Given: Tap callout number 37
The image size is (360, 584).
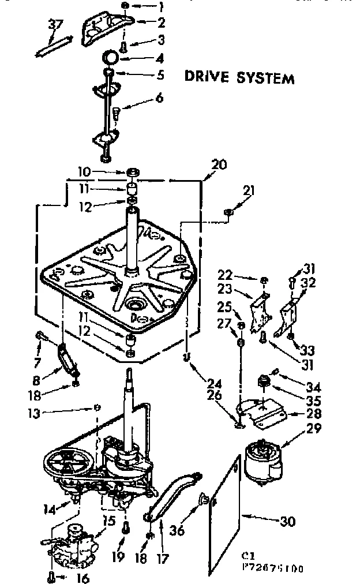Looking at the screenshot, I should click(x=55, y=25).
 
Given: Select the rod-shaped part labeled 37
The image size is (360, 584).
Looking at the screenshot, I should click(x=54, y=44).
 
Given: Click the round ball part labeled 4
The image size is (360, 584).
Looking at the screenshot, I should click(x=111, y=58).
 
